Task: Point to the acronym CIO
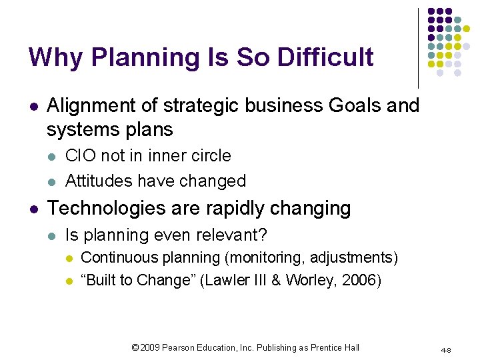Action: (x=80, y=156)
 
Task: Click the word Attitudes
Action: (x=97, y=181)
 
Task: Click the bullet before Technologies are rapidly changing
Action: (x=33, y=209)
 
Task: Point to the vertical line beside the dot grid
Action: (x=418, y=47)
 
